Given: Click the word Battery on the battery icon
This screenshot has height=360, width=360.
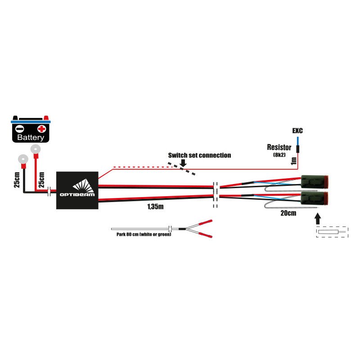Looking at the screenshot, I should click(x=31, y=137).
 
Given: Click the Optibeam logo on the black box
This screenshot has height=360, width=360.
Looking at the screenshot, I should click(x=77, y=190).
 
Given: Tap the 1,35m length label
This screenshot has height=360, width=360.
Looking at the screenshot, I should click(x=155, y=207).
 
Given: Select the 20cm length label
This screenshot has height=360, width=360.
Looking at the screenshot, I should click(x=288, y=213).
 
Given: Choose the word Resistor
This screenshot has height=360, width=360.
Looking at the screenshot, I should click(x=279, y=147).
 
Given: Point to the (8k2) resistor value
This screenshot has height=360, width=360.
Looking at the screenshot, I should click(x=279, y=154).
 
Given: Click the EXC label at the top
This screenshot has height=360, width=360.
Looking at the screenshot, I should click(x=297, y=131).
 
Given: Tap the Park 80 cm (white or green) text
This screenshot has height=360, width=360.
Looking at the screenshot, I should click(x=141, y=234).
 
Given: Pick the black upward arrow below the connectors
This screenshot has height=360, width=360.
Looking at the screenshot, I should click(x=318, y=219).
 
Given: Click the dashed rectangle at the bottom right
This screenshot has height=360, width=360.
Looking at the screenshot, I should click(x=332, y=232).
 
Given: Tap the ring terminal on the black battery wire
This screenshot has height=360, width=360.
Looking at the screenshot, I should click(x=21, y=159).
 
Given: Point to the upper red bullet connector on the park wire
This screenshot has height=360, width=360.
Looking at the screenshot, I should click(x=205, y=222).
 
